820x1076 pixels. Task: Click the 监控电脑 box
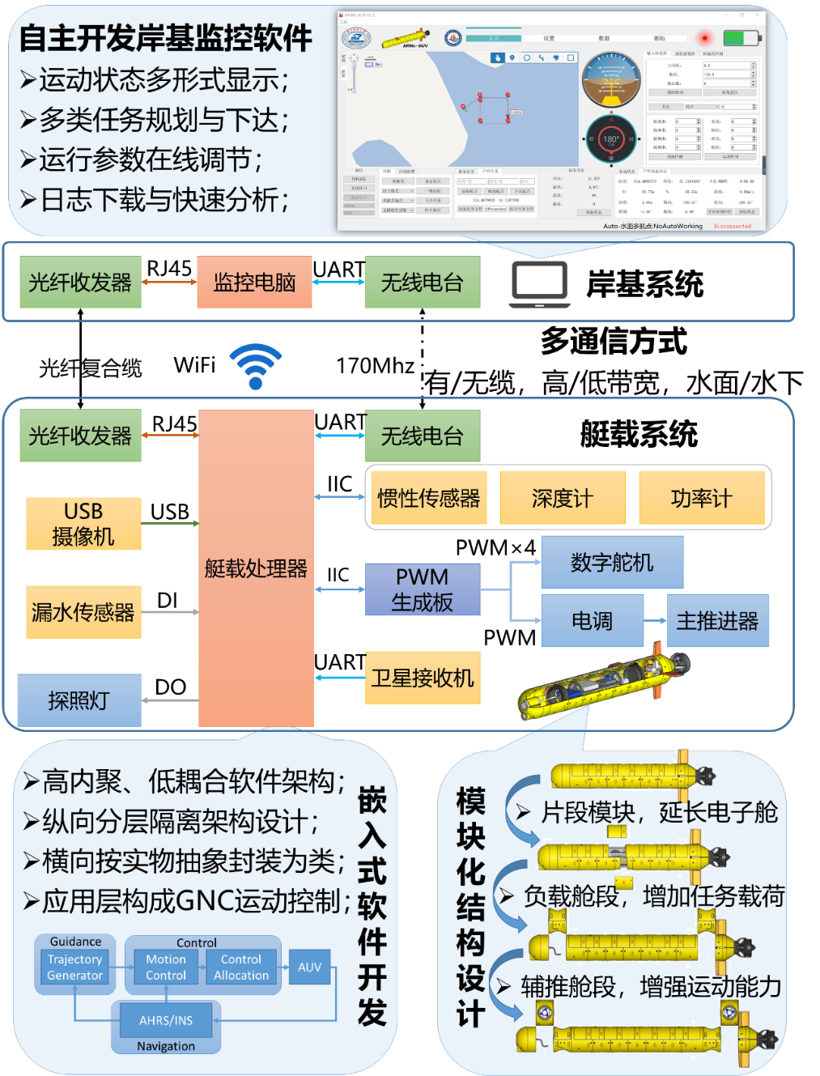tap(254, 283)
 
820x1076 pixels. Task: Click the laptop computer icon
tap(539, 284)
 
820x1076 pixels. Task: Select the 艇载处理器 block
tap(256, 568)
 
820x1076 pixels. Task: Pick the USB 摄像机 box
tap(83, 524)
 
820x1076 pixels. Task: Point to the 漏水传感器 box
tap(83, 612)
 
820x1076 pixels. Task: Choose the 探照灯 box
tap(79, 700)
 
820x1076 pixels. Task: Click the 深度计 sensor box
tap(563, 499)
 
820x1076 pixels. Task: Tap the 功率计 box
tap(701, 499)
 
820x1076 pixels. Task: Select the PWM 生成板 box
tap(423, 589)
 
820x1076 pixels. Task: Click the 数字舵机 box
tap(612, 563)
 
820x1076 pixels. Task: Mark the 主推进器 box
tap(717, 621)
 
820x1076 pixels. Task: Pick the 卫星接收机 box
tap(423, 678)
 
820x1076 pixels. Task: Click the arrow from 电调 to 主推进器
tap(655, 621)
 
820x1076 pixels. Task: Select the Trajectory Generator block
tap(74, 968)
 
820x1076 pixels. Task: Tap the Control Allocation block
tap(241, 968)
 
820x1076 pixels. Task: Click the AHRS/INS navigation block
tap(166, 1020)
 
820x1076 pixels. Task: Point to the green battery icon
tap(740, 38)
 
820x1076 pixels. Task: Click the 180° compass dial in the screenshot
tap(611, 139)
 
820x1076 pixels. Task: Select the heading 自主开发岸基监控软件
tap(166, 38)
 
